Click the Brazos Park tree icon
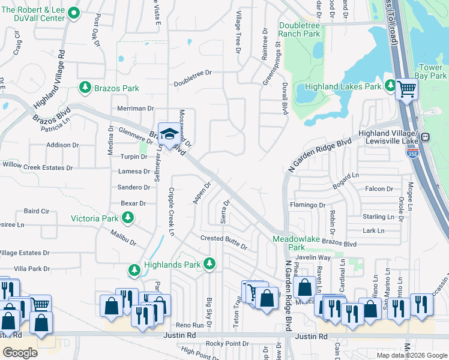[x=85, y=88]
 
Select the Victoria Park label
[x=95, y=218]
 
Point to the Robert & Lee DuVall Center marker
[x=74, y=13]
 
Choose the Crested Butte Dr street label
[x=224, y=241]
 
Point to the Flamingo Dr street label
[x=308, y=205]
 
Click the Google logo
[x=20, y=352]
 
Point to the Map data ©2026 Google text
[x=411, y=355]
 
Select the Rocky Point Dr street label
[x=228, y=343]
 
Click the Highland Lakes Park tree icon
[x=390, y=87]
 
